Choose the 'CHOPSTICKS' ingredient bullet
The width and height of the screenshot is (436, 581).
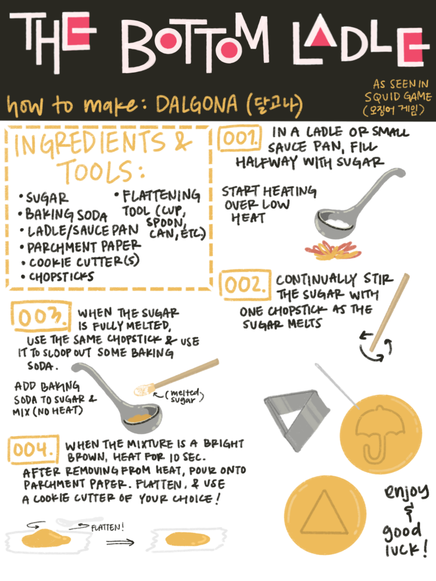[57, 276]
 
